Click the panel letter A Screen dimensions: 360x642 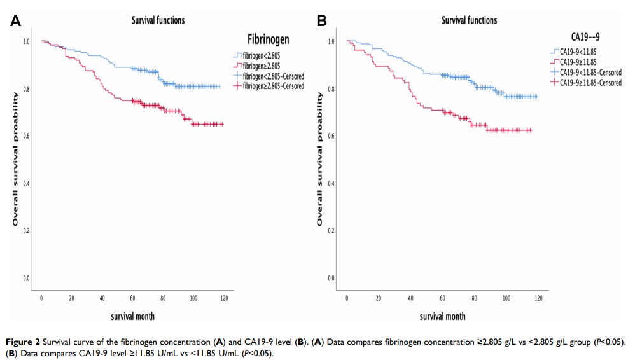[17, 21]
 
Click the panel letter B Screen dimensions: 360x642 [322, 21]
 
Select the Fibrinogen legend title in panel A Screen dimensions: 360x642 [268, 39]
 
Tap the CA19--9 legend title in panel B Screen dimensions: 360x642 [585, 37]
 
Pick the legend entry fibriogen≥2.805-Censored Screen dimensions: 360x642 [273, 86]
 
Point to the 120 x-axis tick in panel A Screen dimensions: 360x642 [224, 298]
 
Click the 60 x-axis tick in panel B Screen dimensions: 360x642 [442, 298]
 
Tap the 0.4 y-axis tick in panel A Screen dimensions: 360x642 [26, 183]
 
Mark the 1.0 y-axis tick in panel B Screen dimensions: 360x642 [331, 41]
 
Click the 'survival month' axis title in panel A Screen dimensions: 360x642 [132, 315]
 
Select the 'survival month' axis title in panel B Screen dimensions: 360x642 [442, 315]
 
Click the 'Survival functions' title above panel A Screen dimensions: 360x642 [158, 20]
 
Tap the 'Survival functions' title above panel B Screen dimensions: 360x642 [469, 20]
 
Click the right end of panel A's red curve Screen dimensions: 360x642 [223, 125]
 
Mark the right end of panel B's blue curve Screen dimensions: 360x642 [538, 97]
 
